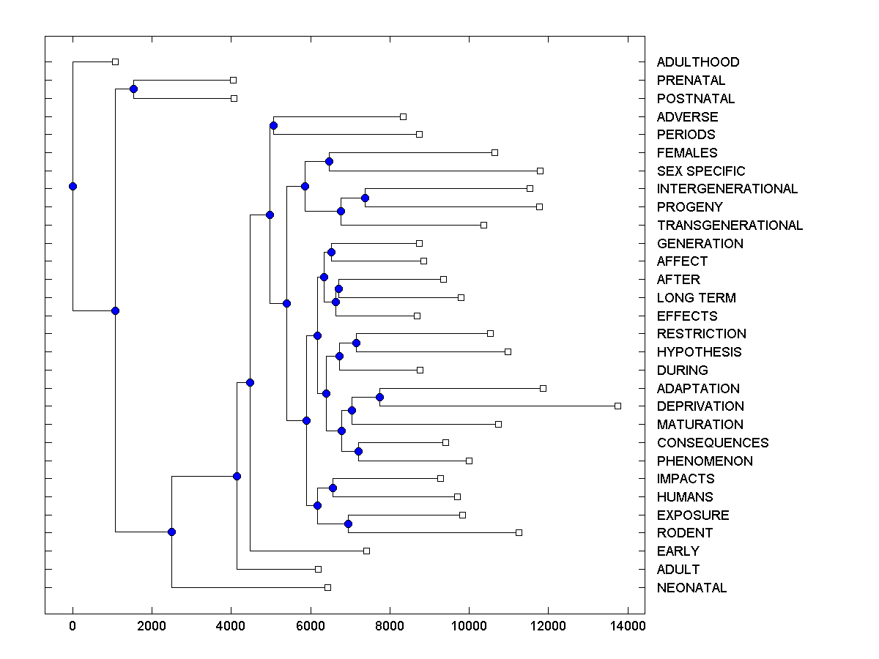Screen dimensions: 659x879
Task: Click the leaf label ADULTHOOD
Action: coord(698,62)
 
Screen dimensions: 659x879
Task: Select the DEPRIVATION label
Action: coord(700,406)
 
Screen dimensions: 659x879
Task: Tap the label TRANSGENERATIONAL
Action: coord(730,226)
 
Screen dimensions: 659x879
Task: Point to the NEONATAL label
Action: coord(691,588)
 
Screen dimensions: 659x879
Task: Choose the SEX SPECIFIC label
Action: coord(701,171)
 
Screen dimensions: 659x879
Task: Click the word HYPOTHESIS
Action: coord(699,352)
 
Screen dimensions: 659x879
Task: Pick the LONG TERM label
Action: coord(696,298)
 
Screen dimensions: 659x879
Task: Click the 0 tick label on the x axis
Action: coord(73,626)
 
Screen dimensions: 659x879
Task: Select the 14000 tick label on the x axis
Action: coord(627,626)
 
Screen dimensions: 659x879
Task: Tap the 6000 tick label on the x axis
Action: coord(310,626)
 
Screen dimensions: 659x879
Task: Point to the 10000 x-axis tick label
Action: coord(469,626)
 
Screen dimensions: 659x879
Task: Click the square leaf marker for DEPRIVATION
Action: coord(617,406)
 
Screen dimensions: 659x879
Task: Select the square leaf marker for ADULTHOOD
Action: coord(115,62)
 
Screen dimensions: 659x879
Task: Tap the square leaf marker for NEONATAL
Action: coord(327,587)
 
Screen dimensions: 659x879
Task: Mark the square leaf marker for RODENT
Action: coord(519,532)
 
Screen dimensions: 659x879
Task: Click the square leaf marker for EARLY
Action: coord(366,551)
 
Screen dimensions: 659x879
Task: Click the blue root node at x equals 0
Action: coord(73,186)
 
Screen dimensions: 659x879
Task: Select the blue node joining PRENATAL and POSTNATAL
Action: coord(133,89)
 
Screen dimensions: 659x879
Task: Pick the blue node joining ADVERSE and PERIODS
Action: coord(273,126)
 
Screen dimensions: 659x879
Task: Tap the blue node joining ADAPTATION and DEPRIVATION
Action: coord(379,397)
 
